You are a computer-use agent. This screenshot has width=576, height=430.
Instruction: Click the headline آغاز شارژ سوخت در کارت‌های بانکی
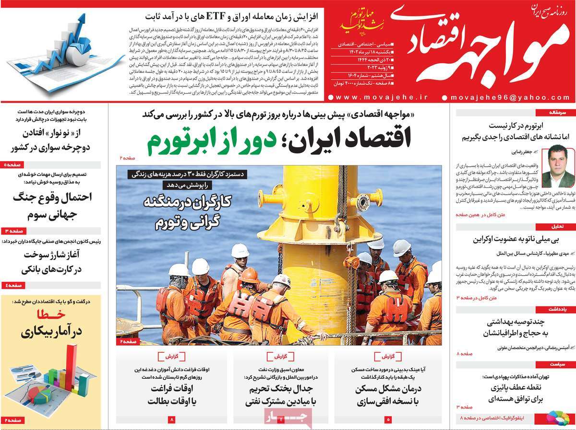click(x=53, y=263)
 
